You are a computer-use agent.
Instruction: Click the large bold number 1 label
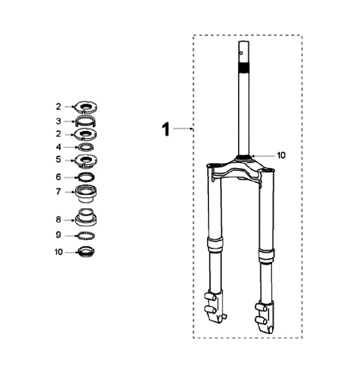pyautogui.click(x=166, y=129)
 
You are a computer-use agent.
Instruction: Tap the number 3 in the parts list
pyautogui.click(x=58, y=121)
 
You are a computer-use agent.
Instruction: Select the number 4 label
pyautogui.click(x=58, y=147)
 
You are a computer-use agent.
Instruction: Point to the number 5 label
pyautogui.click(x=58, y=159)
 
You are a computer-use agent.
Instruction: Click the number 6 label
pyautogui.click(x=58, y=177)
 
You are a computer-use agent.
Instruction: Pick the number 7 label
pyautogui.click(x=58, y=191)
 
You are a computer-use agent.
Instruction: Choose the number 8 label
pyautogui.click(x=58, y=220)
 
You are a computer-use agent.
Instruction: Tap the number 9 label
pyautogui.click(x=58, y=235)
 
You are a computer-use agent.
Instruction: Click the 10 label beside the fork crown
pyautogui.click(x=281, y=155)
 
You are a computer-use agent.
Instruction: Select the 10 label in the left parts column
pyautogui.click(x=58, y=252)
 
